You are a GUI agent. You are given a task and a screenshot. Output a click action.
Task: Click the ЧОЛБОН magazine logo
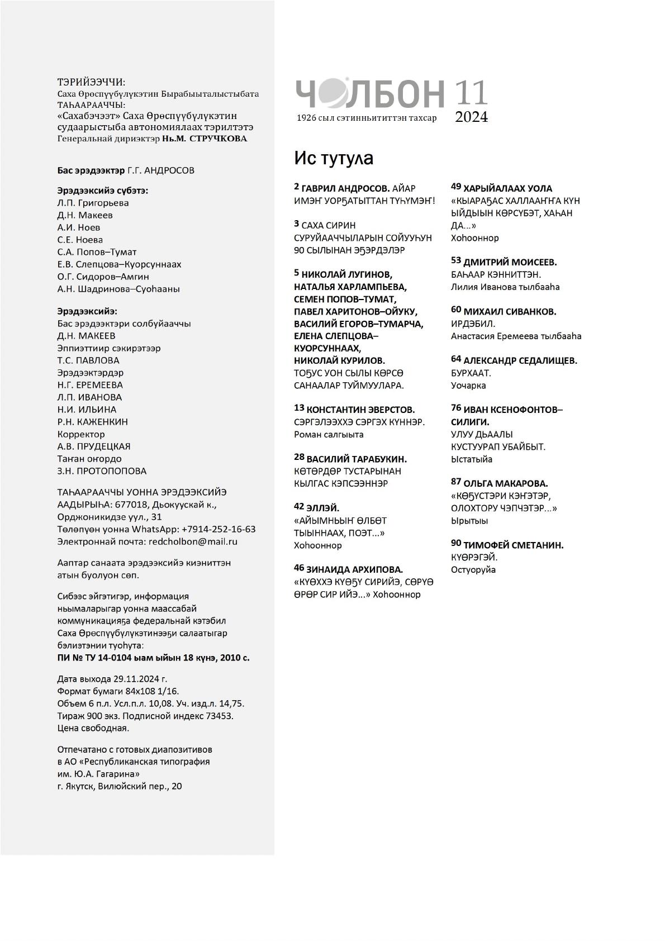pos(369,93)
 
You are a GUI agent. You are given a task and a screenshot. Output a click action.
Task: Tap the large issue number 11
pos(471,93)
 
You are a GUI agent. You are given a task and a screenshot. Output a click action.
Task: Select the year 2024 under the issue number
pos(471,117)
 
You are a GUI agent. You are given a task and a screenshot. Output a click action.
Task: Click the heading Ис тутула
pos(334,159)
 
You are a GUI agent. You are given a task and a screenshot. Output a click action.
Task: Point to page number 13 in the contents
pos(299,408)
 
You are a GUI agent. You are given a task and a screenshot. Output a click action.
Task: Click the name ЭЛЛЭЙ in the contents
pos(322,507)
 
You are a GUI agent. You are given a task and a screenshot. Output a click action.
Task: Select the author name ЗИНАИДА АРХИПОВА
pos(354,569)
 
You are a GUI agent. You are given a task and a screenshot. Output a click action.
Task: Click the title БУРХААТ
pos(471,373)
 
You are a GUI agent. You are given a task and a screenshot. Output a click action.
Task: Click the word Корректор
pos(81,434)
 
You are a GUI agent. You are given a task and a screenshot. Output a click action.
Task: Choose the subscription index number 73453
pos(217,716)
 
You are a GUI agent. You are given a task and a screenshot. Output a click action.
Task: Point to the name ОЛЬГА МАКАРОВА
pos(505,483)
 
